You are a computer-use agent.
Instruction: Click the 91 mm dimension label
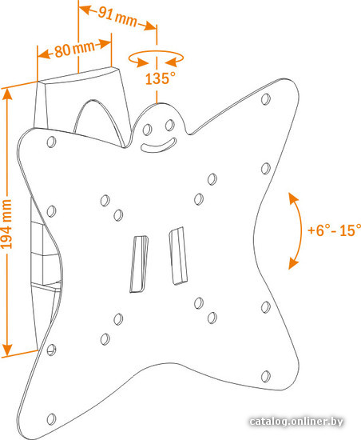(x=117, y=17)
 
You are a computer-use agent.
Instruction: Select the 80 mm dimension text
(x=74, y=49)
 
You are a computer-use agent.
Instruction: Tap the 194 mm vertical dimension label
(x=6, y=224)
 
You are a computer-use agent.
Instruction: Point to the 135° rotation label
(x=161, y=78)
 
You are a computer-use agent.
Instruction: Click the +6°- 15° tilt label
(x=334, y=230)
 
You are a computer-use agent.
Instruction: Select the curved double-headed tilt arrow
(x=300, y=230)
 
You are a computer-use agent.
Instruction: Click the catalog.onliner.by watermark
(x=296, y=422)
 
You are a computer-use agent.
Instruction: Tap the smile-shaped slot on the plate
(x=159, y=146)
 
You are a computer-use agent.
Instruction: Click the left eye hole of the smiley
(x=147, y=130)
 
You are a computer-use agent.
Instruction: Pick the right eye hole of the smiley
(x=169, y=125)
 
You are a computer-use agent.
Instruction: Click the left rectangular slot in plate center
(x=139, y=264)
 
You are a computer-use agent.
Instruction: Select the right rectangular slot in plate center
(x=178, y=256)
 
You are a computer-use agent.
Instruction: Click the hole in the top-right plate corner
(x=265, y=99)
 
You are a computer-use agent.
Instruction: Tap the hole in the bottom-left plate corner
(x=51, y=419)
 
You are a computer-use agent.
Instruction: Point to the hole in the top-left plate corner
(x=51, y=142)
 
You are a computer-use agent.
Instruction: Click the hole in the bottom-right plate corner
(x=265, y=376)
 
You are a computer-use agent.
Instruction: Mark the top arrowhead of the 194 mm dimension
(x=7, y=94)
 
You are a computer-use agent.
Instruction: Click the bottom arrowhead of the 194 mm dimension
(x=7, y=350)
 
